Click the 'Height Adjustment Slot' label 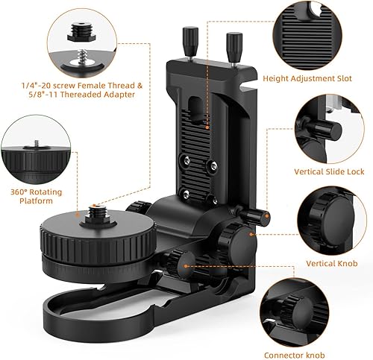point(307,78)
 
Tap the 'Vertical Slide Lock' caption point(329,171)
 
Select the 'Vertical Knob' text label point(332,263)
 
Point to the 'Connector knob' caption point(295,355)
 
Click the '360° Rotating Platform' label point(37,196)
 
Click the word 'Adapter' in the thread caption point(119,95)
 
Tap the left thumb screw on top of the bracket point(190,42)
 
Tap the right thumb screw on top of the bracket point(234,48)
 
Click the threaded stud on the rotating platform point(98,215)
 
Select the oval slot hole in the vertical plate point(197,109)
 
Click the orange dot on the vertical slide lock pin point(267,216)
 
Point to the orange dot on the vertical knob point(251,234)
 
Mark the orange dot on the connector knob point(186,266)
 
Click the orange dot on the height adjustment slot point(207,127)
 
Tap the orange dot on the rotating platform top point(78,214)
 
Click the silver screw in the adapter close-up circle point(81,58)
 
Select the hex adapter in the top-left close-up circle point(81,32)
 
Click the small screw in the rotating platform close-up point(37,144)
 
